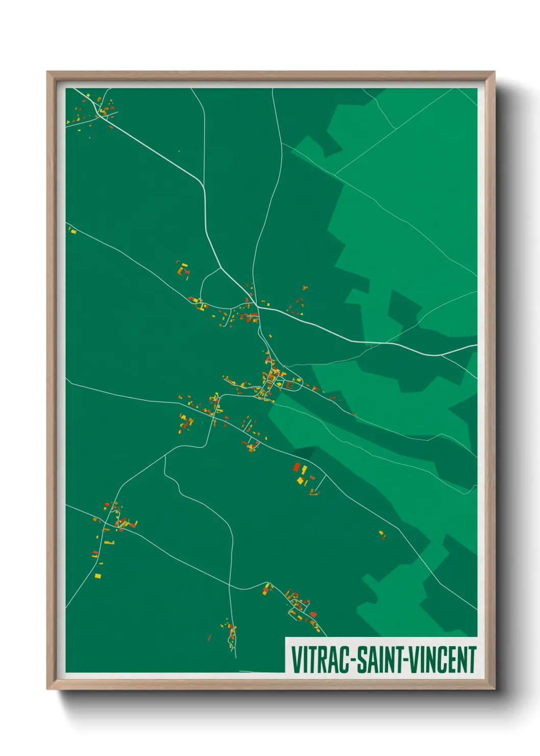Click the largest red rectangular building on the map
click(297, 466)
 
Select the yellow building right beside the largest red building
click(304, 469)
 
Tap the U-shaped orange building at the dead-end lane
click(314, 492)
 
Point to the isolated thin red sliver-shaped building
click(209, 638)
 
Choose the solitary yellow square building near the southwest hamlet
click(98, 576)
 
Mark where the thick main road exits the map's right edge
click(476, 346)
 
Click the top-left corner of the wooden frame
click(47, 72)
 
